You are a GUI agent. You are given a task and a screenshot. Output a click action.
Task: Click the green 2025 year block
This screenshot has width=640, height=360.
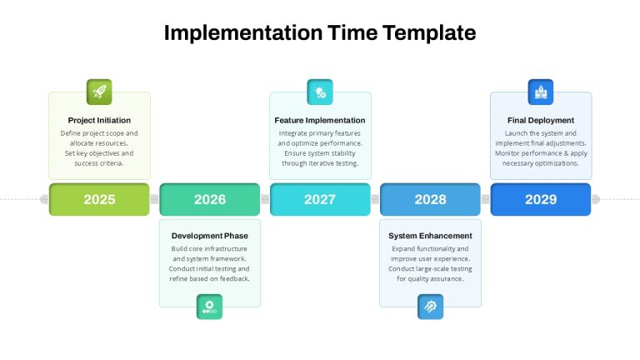[x=99, y=199]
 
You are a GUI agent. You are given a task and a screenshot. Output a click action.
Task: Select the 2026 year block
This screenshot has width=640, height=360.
[x=210, y=199]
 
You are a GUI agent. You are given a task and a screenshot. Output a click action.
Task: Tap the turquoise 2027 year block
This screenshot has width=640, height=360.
[x=320, y=199]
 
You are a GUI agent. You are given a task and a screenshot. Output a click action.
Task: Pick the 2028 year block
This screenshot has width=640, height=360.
[x=430, y=199]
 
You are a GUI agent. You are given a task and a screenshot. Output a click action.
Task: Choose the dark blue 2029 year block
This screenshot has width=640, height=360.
[x=541, y=199]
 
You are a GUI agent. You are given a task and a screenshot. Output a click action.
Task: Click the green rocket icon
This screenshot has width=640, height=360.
[x=99, y=92]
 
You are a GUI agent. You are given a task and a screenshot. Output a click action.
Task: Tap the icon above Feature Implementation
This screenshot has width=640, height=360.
[x=320, y=92]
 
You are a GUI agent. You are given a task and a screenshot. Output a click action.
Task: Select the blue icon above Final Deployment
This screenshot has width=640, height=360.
[x=541, y=92]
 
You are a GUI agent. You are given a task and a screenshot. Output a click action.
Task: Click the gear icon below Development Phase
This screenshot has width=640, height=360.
[x=209, y=307]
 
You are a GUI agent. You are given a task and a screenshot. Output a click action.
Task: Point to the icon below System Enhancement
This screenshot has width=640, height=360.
[x=430, y=307]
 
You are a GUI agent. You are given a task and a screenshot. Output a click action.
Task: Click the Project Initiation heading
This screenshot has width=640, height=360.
[x=99, y=120]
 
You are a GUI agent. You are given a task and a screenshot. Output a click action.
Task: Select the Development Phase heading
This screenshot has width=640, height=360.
[x=210, y=236]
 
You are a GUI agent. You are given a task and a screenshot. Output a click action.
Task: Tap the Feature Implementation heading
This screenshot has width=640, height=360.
[x=320, y=120]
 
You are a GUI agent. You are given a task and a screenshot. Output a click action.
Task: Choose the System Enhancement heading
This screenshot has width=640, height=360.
[x=430, y=236]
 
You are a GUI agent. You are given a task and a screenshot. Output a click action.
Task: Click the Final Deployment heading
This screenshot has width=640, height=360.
[x=541, y=120]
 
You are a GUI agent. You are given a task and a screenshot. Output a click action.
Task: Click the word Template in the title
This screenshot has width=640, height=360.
[x=429, y=33]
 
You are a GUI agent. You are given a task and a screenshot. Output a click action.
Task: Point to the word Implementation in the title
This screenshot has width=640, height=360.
[x=243, y=33]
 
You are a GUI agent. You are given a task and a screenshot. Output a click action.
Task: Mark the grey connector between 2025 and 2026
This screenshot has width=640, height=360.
[x=155, y=199]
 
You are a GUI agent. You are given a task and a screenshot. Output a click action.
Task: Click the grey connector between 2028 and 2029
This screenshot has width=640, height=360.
[x=486, y=199]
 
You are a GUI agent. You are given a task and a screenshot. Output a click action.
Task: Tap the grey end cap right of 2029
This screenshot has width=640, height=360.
[x=596, y=199]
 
